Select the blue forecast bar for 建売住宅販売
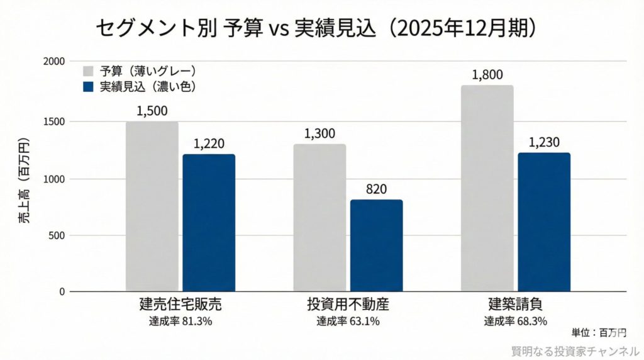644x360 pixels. pyautogui.click(x=209, y=223)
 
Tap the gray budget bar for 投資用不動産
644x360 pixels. pyautogui.click(x=319, y=218)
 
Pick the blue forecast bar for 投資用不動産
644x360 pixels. pyautogui.click(x=376, y=245)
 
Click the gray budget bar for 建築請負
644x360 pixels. pyautogui.click(x=487, y=189)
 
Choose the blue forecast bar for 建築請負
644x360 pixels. pyautogui.click(x=544, y=222)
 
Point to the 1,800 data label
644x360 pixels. pyautogui.click(x=487, y=75)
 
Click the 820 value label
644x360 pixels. pyautogui.click(x=376, y=189)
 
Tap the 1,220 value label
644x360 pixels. pyautogui.click(x=209, y=144)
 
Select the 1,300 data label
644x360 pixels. pyautogui.click(x=319, y=133)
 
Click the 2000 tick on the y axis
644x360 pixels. pyautogui.click(x=54, y=61)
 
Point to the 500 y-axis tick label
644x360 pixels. pyautogui.click(x=57, y=235)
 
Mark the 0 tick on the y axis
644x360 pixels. pyautogui.click(x=62, y=291)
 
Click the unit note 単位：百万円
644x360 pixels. pyautogui.click(x=599, y=332)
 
